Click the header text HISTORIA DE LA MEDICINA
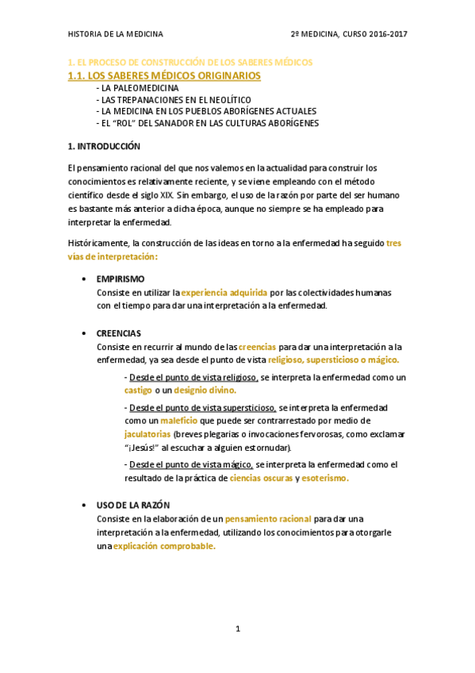point(116,34)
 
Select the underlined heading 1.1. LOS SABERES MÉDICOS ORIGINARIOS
point(164,75)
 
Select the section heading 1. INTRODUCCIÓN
point(104,146)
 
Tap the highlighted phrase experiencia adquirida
point(224,292)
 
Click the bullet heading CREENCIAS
point(119,333)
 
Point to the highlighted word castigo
point(139,390)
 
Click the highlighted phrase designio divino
point(205,390)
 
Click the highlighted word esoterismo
point(326,479)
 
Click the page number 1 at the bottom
point(237,629)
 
